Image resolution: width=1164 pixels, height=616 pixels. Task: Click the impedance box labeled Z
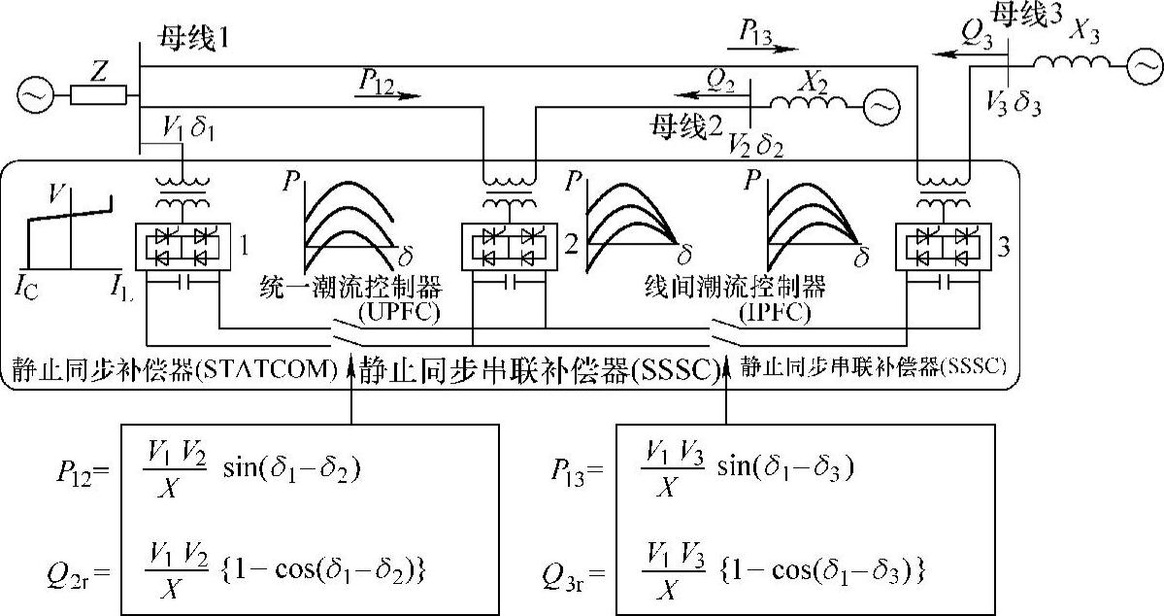click(x=99, y=94)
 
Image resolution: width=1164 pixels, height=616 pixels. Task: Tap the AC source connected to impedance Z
click(x=31, y=95)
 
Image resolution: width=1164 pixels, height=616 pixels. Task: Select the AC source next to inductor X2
click(x=881, y=103)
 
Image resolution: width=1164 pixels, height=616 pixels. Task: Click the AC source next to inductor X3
click(x=1142, y=65)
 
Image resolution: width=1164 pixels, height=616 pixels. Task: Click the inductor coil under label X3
click(x=1072, y=64)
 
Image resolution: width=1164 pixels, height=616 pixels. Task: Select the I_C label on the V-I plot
click(x=26, y=286)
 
